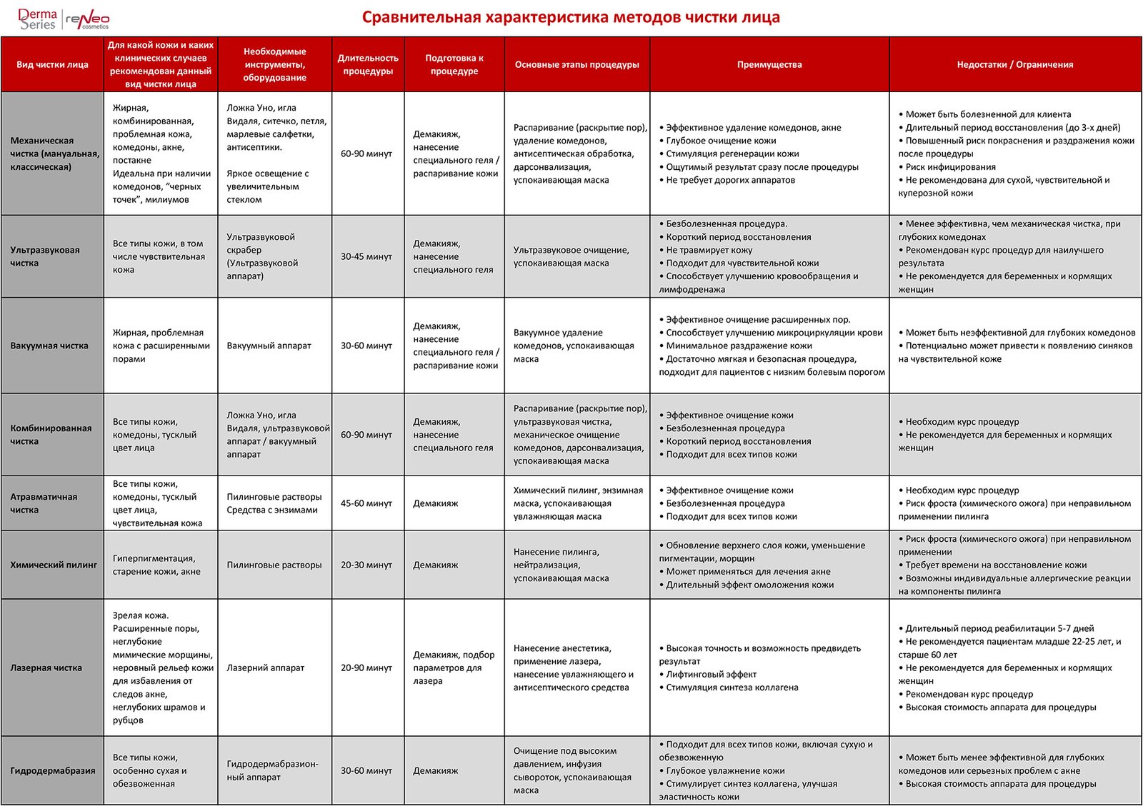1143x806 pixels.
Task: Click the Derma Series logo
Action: click(x=37, y=19)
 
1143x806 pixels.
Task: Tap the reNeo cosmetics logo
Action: click(x=88, y=20)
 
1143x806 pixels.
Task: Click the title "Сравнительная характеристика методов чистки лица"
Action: click(x=570, y=17)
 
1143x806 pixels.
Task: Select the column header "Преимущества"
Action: click(x=769, y=64)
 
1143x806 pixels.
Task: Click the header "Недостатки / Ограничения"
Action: click(x=1014, y=64)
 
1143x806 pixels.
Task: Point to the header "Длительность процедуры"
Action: click(x=368, y=64)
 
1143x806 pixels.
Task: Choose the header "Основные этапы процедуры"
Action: click(x=577, y=64)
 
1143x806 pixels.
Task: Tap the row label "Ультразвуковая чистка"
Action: click(x=45, y=256)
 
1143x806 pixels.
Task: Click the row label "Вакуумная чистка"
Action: click(x=49, y=346)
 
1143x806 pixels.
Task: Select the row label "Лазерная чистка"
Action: click(x=46, y=668)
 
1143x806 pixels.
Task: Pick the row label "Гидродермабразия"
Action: click(x=53, y=770)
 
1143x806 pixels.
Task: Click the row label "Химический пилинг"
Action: click(x=54, y=565)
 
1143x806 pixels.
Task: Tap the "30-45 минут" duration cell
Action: click(x=366, y=256)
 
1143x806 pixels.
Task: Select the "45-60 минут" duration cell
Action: click(x=366, y=503)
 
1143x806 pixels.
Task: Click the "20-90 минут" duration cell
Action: click(x=366, y=668)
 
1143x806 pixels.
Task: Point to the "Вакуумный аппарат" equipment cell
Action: click(x=269, y=346)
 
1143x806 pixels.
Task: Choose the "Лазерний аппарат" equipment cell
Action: click(x=265, y=668)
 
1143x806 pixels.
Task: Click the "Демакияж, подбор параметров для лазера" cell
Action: click(x=454, y=668)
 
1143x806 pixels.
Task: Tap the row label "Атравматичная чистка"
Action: click(x=44, y=503)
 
